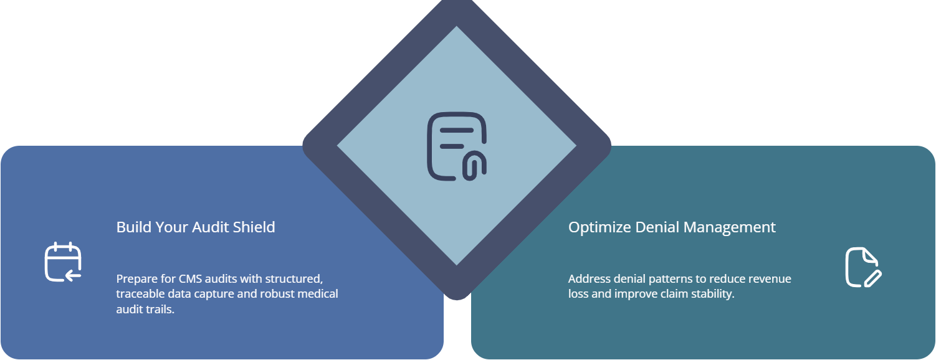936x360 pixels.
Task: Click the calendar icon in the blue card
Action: [63, 262]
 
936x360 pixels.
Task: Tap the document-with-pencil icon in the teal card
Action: [863, 267]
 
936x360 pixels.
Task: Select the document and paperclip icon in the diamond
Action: [456, 147]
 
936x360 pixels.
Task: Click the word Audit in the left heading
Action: [209, 227]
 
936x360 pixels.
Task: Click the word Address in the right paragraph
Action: [588, 278]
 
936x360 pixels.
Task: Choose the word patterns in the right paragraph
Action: [673, 278]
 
